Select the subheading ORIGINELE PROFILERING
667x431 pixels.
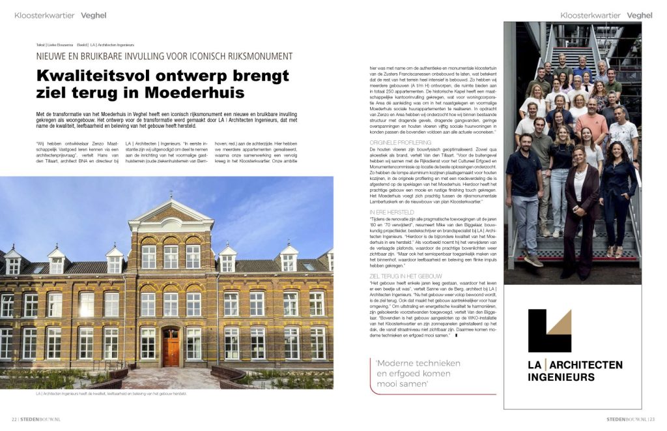[x=400, y=141]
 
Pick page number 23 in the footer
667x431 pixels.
[x=651, y=419]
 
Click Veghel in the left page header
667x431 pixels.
[x=94, y=15]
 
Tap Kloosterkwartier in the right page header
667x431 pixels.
[x=590, y=15]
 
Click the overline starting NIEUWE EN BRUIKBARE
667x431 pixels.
[x=164, y=56]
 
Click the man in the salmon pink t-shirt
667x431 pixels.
[x=591, y=124]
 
